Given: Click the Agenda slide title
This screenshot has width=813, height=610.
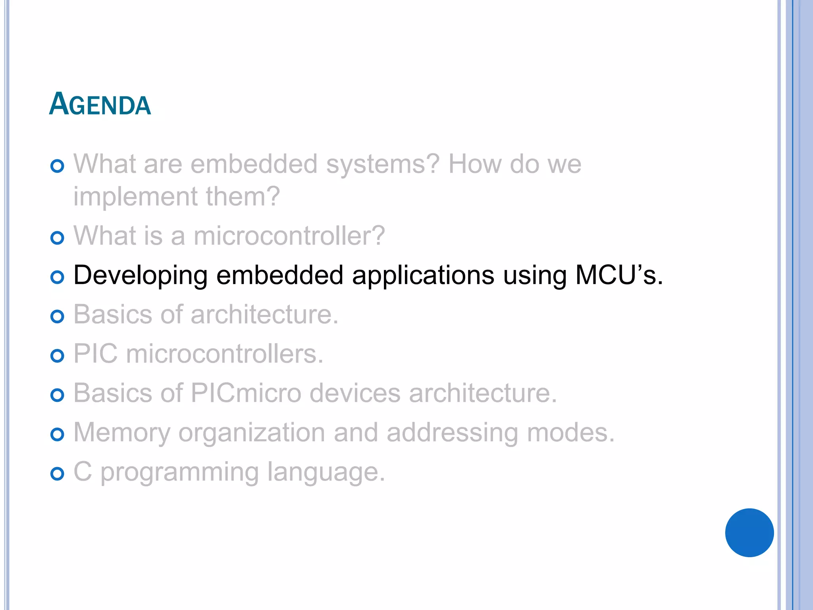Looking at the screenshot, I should coord(100,104).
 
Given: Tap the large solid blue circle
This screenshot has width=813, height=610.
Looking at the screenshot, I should coord(749,533).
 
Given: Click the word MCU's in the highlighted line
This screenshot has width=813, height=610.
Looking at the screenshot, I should coord(619,275).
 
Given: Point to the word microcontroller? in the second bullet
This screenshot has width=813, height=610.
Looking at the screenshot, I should coord(289,236).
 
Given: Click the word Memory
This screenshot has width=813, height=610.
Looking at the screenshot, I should coord(121,432).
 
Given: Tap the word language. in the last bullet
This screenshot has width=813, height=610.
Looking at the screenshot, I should coord(326,472).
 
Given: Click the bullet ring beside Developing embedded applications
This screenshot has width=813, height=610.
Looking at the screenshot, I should coord(58,277).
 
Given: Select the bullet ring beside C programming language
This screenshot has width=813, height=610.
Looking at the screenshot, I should coord(58,474).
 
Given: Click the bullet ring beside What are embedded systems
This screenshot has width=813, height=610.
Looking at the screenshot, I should coord(58,166).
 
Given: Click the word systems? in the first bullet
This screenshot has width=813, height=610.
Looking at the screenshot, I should coord(383,164).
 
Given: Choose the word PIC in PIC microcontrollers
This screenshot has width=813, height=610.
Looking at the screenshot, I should coord(96,353).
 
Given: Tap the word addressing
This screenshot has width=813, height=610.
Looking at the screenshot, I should coord(452,432).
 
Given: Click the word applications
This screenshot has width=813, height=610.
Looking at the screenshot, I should coord(423,276).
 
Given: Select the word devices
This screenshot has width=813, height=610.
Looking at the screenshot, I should coord(355,393).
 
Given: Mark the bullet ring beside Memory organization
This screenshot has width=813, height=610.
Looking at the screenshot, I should coord(58,434).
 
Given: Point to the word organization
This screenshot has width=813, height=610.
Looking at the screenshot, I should coord(252,432).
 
